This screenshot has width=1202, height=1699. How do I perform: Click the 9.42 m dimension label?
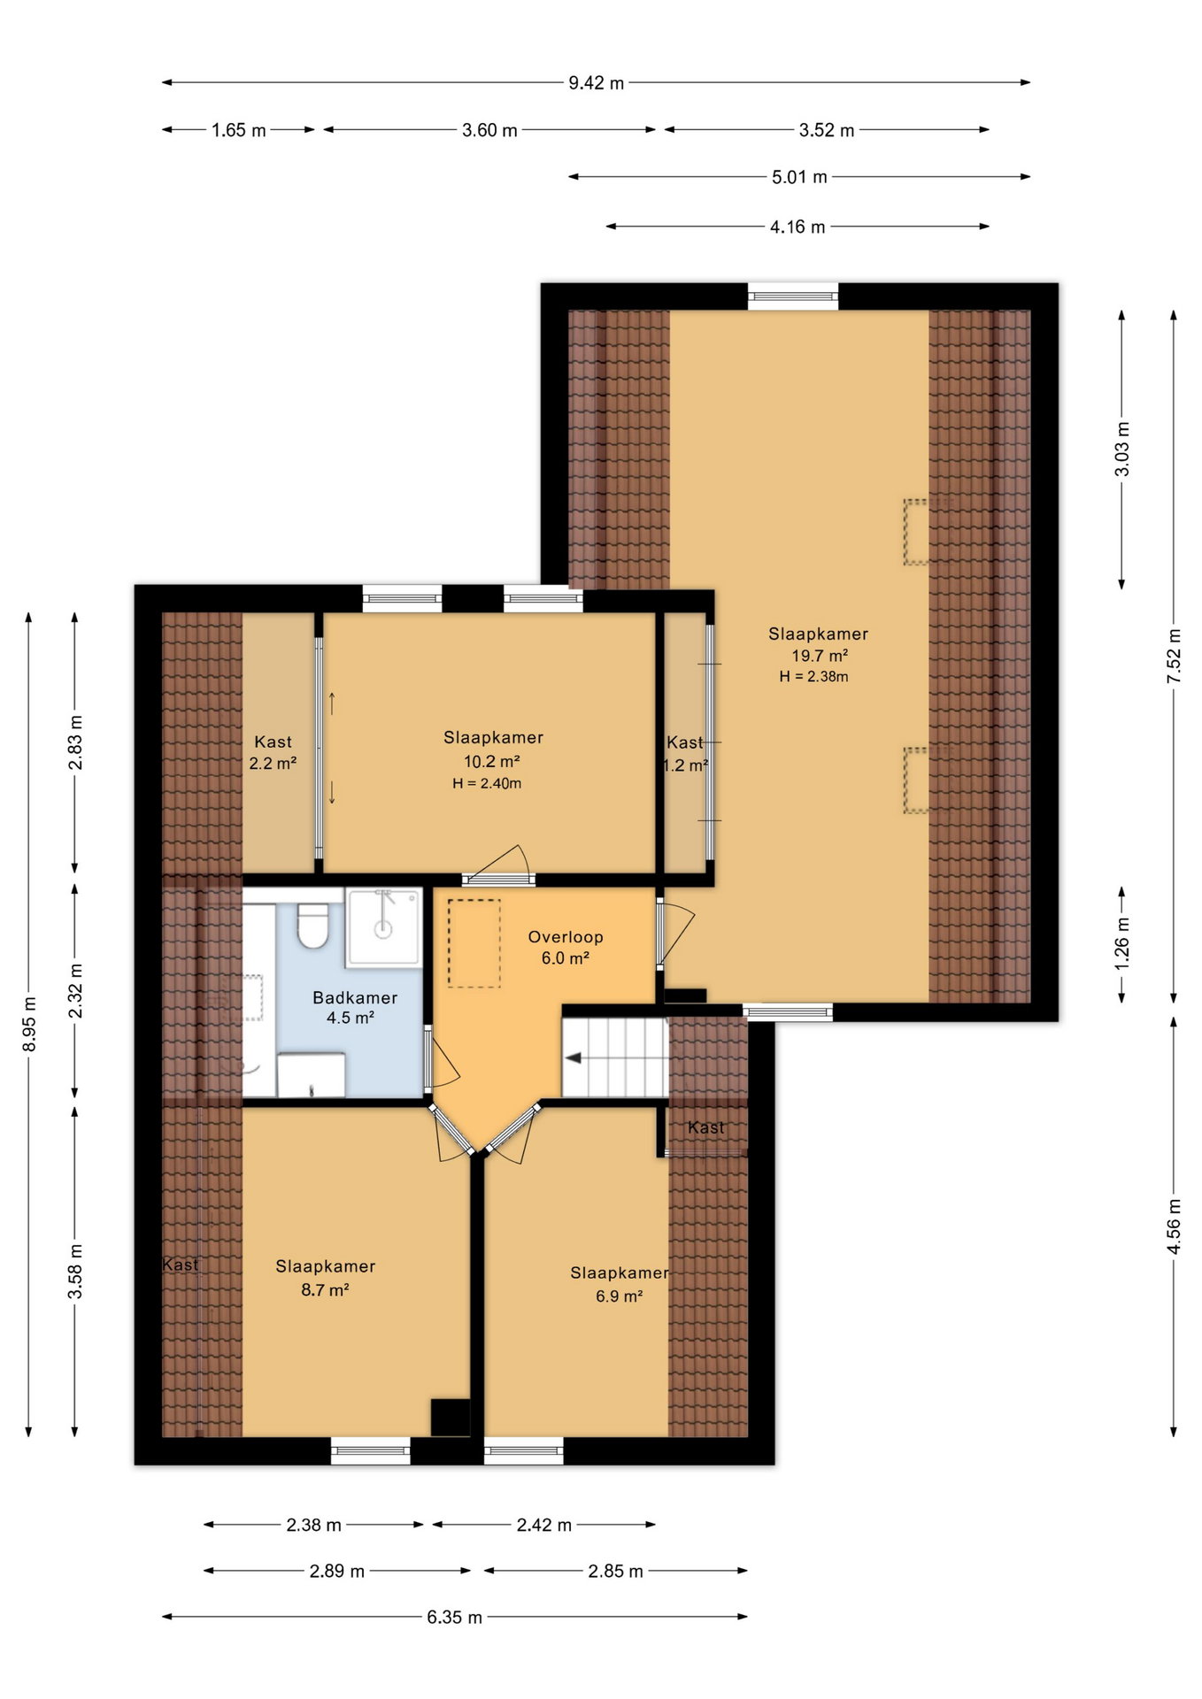coord(596,83)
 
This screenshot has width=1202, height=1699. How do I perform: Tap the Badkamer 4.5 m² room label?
coord(354,1007)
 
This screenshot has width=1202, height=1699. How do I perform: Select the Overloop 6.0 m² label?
coord(566,947)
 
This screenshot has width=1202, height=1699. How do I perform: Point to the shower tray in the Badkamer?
coord(383,926)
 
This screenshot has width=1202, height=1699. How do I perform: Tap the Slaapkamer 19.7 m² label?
coord(818,644)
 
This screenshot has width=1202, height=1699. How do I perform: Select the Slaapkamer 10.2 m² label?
coord(493,749)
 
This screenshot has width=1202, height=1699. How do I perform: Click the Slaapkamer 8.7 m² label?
coord(325,1278)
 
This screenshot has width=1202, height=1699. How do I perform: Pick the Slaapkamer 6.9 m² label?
coord(619,1284)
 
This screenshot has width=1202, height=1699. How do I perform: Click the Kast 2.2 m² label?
coord(273,752)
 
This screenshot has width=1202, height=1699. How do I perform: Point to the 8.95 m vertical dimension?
coord(29,1024)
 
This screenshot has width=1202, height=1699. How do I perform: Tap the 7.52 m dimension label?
coord(1175,656)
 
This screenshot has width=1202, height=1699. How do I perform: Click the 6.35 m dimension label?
coord(454,1618)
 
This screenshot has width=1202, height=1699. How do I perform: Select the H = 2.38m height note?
coord(813,677)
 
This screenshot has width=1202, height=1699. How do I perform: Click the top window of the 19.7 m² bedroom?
coord(793,296)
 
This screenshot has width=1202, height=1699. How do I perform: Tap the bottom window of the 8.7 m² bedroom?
coord(370,1450)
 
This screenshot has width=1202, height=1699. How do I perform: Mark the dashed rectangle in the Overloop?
coord(474,943)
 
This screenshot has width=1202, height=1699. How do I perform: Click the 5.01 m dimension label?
coord(799,177)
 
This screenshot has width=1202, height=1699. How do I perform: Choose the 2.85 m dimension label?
coord(615,1572)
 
